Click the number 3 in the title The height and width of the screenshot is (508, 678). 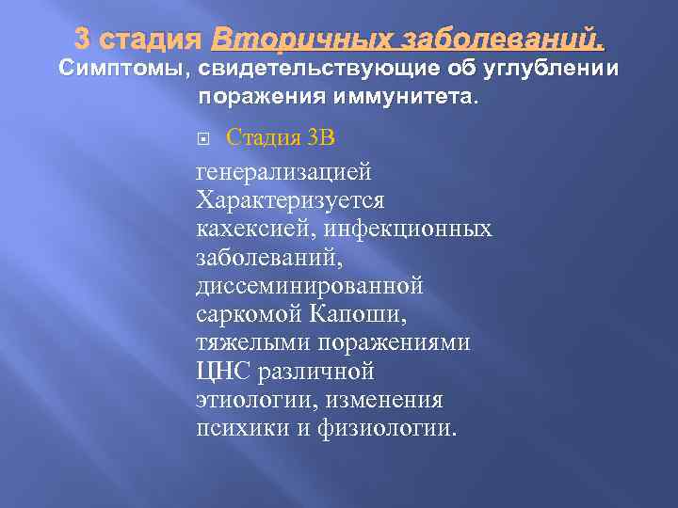click(x=82, y=40)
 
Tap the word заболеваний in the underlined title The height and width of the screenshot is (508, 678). click(x=502, y=40)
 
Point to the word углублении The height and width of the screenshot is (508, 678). click(x=557, y=69)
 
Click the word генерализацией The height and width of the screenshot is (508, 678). click(x=283, y=172)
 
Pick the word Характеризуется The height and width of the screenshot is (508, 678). click(x=289, y=200)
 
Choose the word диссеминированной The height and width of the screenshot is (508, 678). click(x=309, y=285)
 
